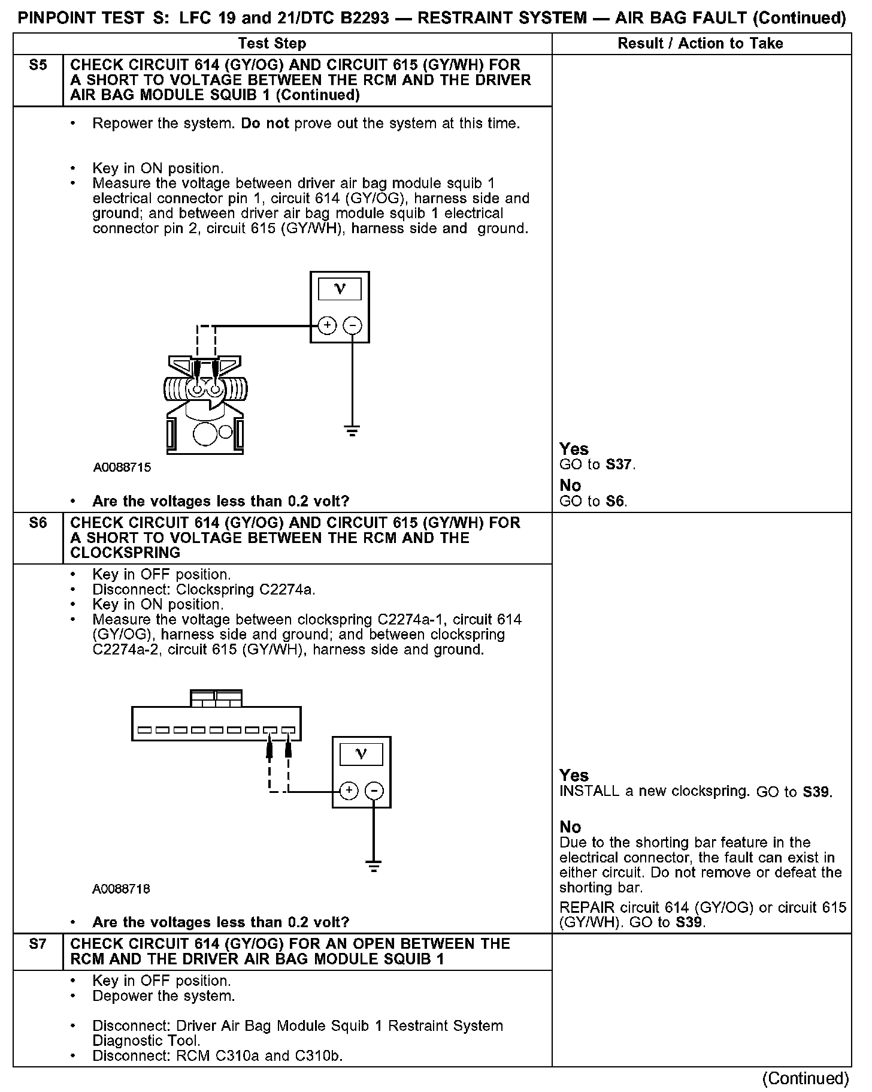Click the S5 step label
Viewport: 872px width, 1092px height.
pyautogui.click(x=38, y=65)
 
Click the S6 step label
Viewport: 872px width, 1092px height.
pyautogui.click(x=38, y=523)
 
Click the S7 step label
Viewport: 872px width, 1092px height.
pyautogui.click(x=38, y=944)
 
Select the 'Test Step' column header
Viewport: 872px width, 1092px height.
pyautogui.click(x=272, y=43)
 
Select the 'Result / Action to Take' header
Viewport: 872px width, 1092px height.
pyautogui.click(x=700, y=43)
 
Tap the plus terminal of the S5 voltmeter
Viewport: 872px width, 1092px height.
pyautogui.click(x=327, y=325)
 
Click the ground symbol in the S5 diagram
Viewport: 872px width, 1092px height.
pyautogui.click(x=352, y=430)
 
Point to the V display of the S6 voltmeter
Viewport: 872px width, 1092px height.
pyautogui.click(x=361, y=754)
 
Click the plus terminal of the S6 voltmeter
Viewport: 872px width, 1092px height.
pyautogui.click(x=349, y=791)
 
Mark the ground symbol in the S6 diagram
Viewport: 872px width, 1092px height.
pyautogui.click(x=374, y=866)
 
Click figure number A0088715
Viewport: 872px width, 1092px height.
pyautogui.click(x=122, y=467)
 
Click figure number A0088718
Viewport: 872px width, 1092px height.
pyautogui.click(x=121, y=889)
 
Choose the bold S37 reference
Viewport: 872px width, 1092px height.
pyautogui.click(x=619, y=464)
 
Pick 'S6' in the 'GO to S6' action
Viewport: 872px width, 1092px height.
pyautogui.click(x=615, y=502)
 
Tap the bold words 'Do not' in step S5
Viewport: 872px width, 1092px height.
pyautogui.click(x=265, y=123)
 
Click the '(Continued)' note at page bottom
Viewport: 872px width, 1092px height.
pyautogui.click(x=805, y=1078)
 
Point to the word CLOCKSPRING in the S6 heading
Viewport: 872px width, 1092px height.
pyautogui.click(x=125, y=553)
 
